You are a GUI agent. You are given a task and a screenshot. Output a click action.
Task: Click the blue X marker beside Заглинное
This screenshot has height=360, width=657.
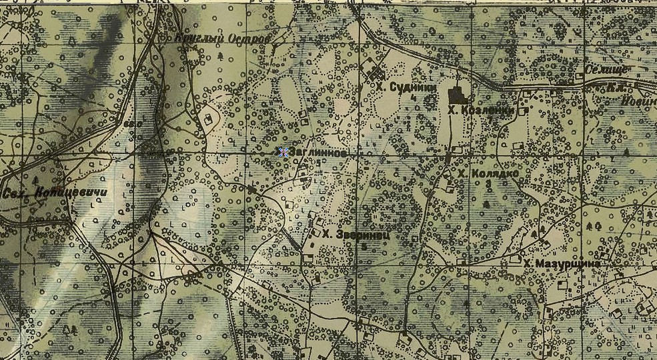tap(283, 152)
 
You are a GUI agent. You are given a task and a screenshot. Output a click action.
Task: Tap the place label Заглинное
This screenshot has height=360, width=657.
tap(317, 153)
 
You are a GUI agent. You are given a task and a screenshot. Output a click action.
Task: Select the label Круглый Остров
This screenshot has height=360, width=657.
tap(222, 40)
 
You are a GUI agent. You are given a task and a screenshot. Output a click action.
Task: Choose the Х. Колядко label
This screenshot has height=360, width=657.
tap(488, 173)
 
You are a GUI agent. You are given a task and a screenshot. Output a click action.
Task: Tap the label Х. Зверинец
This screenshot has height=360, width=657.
tap(355, 235)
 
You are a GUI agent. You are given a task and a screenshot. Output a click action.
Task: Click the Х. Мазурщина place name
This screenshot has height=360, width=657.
tap(562, 264)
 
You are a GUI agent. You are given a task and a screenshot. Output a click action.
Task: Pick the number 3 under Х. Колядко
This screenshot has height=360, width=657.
tap(488, 183)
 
